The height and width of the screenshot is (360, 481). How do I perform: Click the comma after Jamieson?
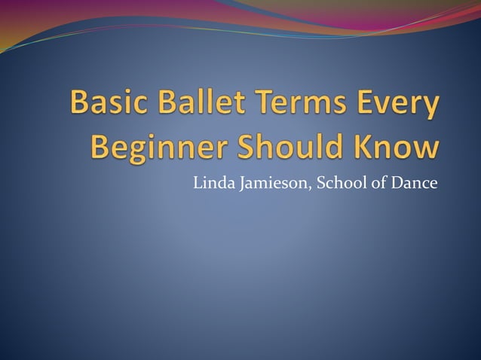point(302,187)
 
